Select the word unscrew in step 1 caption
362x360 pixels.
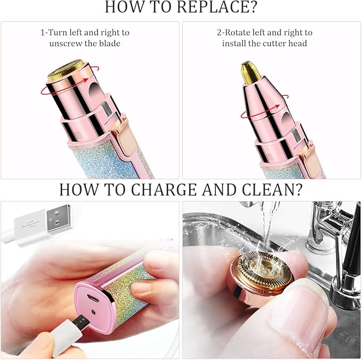67,43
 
